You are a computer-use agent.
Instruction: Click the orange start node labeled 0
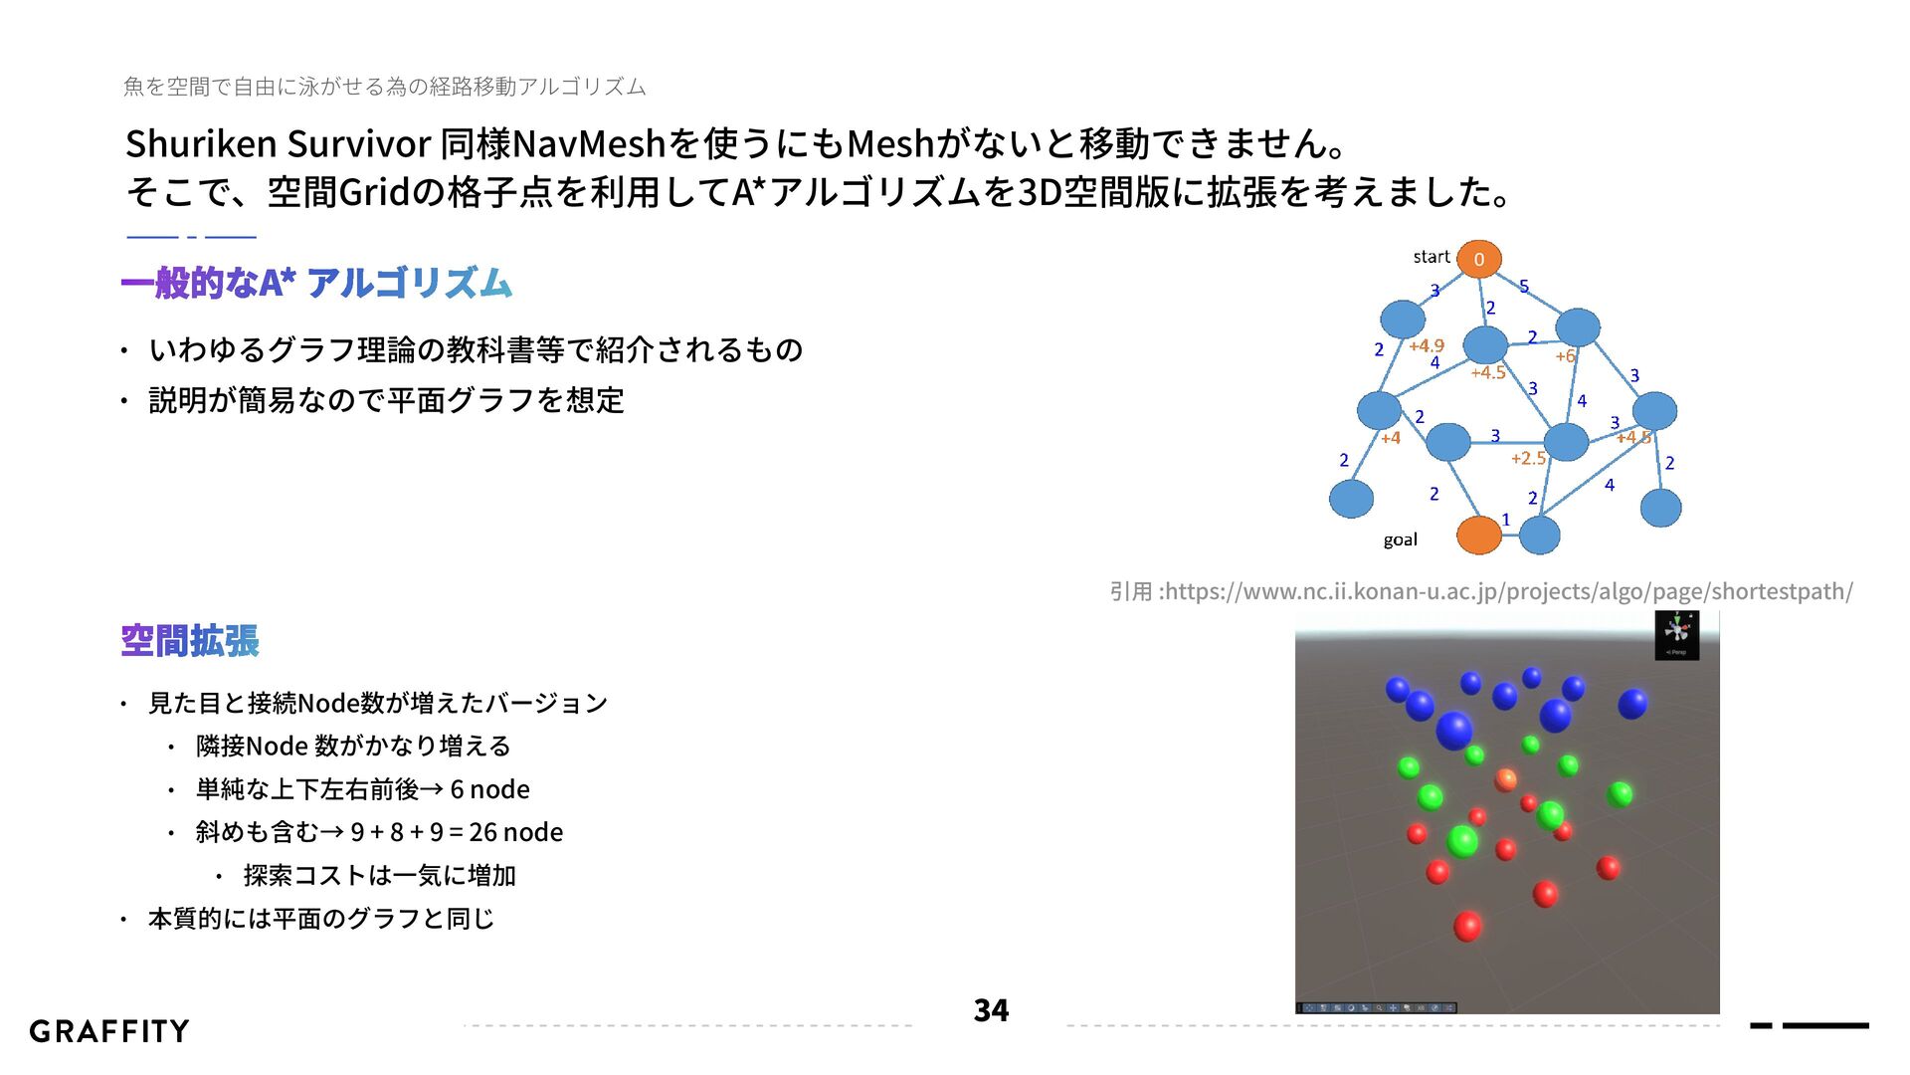[x=1478, y=259]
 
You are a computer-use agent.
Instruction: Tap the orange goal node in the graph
[x=1478, y=536]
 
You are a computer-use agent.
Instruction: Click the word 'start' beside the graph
[x=1432, y=257]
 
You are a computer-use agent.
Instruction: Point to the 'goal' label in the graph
[x=1400, y=539]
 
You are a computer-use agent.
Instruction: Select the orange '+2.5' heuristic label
[x=1528, y=458]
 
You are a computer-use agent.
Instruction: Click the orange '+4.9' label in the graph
[x=1427, y=345]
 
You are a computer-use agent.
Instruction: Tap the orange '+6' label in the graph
[x=1565, y=355]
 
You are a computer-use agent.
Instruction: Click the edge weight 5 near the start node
[x=1523, y=287]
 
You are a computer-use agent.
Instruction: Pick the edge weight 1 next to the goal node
[x=1506, y=520]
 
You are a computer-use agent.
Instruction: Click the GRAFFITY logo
[x=109, y=1031]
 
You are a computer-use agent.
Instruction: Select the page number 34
[x=991, y=1010]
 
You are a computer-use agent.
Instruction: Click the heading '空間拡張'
[x=190, y=641]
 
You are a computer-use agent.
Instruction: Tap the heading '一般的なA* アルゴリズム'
[x=316, y=284]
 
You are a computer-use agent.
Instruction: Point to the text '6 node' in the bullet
[x=489, y=789]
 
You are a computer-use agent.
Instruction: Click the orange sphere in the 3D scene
[x=1506, y=778]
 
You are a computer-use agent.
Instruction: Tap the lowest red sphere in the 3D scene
[x=1467, y=927]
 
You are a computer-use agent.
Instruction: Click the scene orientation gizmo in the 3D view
[x=1677, y=632]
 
